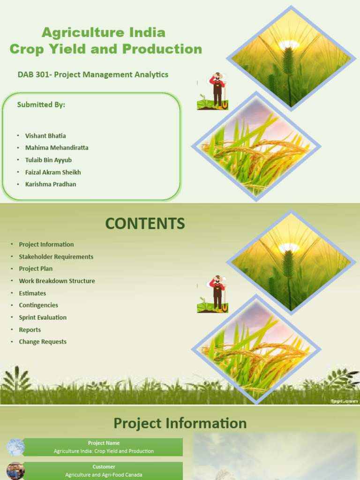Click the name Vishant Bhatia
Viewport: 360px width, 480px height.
pos(45,136)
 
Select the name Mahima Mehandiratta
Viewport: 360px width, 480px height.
pos(57,148)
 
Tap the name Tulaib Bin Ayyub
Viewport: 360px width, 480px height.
pos(48,160)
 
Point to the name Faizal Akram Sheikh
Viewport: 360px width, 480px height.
pos(53,172)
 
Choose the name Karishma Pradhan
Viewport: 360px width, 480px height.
pos(51,184)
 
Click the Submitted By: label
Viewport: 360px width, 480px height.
pos(41,105)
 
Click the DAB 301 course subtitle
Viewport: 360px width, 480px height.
pos(93,75)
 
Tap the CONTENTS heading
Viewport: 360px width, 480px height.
pos(145,224)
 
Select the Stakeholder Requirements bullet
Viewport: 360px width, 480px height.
pos(56,257)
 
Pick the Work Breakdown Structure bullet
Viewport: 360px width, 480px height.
pos(57,281)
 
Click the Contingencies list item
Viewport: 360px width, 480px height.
pos(38,305)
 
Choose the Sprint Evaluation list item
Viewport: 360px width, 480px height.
pos(43,317)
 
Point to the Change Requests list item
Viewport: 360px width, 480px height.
pos(43,342)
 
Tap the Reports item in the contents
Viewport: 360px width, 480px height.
pos(30,330)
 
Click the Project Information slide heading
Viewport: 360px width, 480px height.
pos(180,423)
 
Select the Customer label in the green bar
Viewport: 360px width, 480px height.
pos(104,467)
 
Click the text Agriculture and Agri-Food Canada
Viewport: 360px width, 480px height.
pos(104,475)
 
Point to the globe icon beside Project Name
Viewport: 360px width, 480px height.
pos(15,447)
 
